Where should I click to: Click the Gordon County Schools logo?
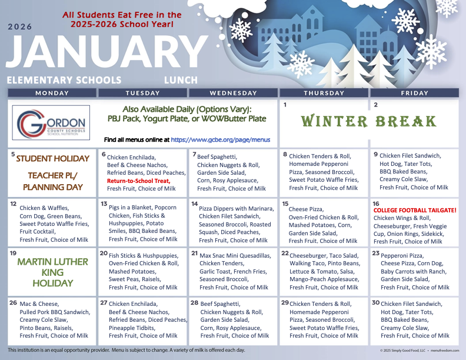point(52,123)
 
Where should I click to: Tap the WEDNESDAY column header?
point(233,93)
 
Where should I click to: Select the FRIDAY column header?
point(414,93)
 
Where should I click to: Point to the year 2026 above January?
point(20,26)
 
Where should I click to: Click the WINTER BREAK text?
point(369,122)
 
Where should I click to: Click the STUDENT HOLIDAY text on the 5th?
point(53,159)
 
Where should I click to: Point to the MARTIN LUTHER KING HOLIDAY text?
point(53,272)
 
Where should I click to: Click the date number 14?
point(194,204)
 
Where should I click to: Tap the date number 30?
point(375,302)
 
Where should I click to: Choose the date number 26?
point(13,302)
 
